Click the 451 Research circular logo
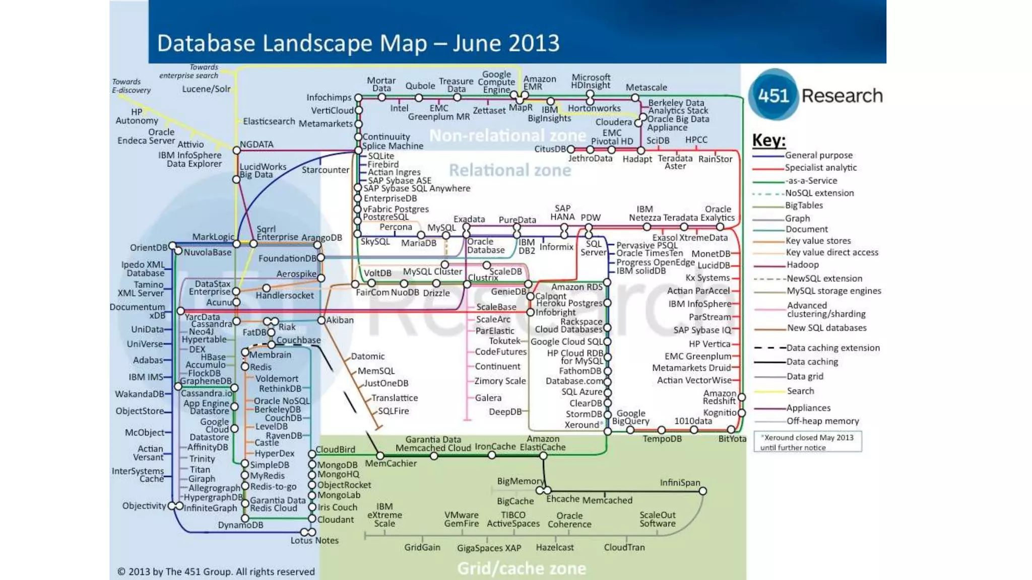click(x=773, y=95)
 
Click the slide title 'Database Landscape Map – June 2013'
click(x=358, y=43)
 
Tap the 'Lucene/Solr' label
click(x=206, y=89)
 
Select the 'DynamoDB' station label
click(x=240, y=525)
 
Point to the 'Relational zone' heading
click(x=510, y=170)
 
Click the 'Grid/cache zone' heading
click(x=522, y=568)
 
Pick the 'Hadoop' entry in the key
click(x=802, y=265)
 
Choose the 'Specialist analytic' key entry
click(x=820, y=168)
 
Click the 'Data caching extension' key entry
click(x=832, y=348)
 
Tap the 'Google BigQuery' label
click(x=630, y=417)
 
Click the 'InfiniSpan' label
click(x=680, y=482)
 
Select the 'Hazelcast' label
click(x=554, y=547)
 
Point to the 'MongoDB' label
click(x=337, y=465)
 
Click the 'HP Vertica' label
click(x=709, y=344)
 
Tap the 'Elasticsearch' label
click(x=269, y=121)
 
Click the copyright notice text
click(x=216, y=571)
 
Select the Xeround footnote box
click(x=807, y=442)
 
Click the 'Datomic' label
click(x=367, y=356)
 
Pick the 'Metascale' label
click(x=646, y=88)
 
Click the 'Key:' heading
click(x=768, y=140)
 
